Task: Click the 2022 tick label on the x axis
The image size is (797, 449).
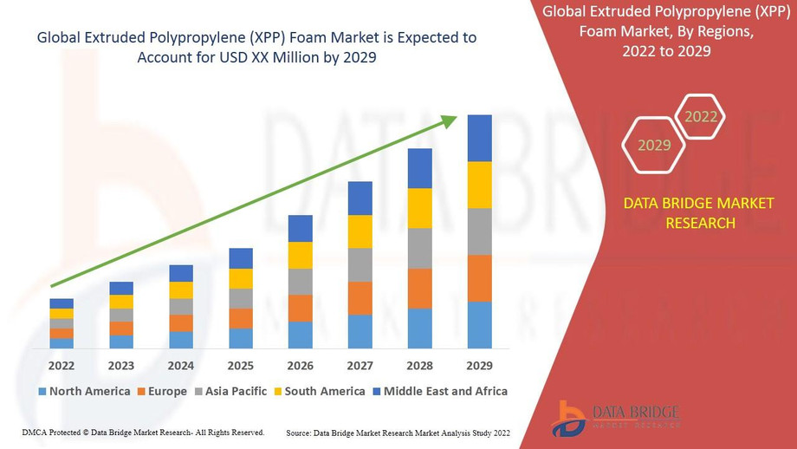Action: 62,365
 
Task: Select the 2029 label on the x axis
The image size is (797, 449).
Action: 479,365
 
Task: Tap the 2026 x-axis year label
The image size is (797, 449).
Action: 300,365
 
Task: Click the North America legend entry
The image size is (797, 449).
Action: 84,392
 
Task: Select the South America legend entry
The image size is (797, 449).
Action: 318,392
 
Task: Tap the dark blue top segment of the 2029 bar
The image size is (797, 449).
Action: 479,138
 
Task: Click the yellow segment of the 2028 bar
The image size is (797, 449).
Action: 419,208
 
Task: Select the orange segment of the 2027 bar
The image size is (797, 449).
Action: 360,298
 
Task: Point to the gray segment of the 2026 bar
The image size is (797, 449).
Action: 300,282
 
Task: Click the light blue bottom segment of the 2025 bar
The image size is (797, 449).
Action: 240,339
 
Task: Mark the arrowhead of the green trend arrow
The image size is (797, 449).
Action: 450,120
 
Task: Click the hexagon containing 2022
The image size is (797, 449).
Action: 700,117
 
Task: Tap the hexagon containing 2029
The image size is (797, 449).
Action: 654,145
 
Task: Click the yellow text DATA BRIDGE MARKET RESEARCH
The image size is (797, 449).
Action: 680,213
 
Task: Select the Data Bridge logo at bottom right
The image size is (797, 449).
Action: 615,418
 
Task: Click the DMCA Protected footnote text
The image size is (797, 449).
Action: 143,432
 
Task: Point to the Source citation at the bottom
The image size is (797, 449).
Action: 398,432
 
